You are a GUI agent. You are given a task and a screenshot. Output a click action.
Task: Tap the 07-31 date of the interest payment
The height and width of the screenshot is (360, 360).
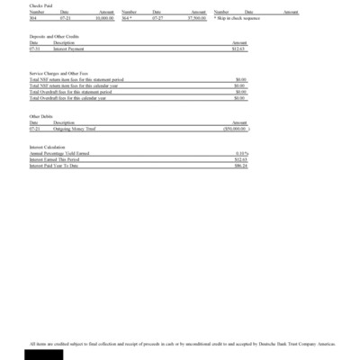(34, 49)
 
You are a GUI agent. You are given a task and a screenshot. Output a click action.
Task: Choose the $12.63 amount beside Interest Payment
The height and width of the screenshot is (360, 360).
(239, 49)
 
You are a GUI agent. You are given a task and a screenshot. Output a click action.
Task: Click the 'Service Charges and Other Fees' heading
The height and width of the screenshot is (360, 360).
(59, 73)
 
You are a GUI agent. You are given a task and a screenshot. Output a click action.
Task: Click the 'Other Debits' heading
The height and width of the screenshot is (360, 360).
(41, 115)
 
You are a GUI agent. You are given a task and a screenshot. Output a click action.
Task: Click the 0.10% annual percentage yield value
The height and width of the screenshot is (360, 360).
(240, 154)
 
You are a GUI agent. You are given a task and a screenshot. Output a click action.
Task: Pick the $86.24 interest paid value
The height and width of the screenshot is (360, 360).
(240, 166)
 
